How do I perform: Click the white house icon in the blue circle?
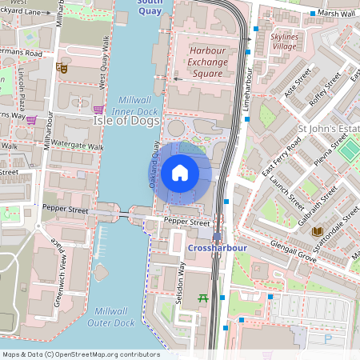tap(179, 173)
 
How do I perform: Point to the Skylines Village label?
tap(290, 42)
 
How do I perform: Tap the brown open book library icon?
tap(317, 231)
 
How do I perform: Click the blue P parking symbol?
tap(328, 339)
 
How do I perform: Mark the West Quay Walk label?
tap(102, 62)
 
